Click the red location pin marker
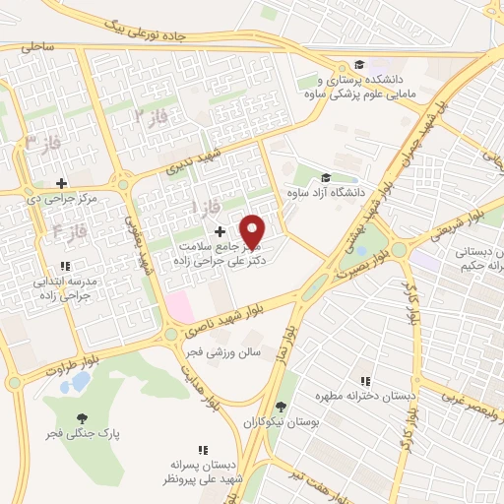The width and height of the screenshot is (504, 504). (x=253, y=231)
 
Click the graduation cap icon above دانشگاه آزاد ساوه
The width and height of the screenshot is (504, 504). (x=325, y=178)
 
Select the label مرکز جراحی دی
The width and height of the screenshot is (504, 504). (x=60, y=198)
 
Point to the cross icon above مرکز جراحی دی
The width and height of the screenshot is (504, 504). (x=61, y=183)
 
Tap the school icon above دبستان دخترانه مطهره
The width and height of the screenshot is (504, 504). (x=365, y=381)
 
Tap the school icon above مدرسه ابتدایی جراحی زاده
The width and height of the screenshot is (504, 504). (x=65, y=266)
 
